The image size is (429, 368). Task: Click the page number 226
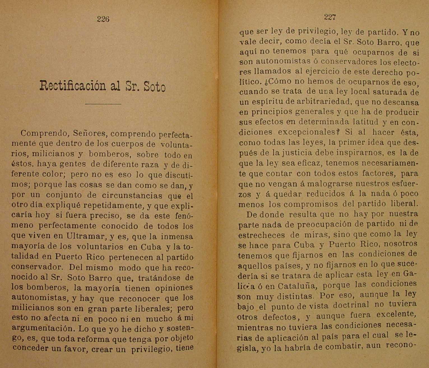pos(103,19)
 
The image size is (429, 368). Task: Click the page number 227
pos(330,17)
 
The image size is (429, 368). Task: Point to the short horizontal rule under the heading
pos(103,104)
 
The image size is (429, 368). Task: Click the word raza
pos(151,164)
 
